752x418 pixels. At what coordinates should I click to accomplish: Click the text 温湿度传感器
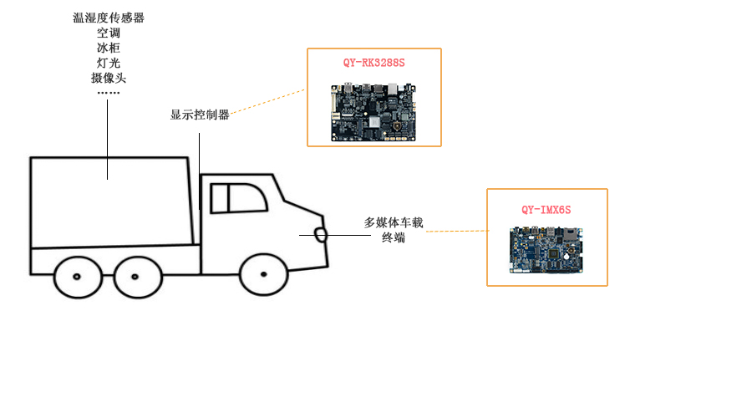tap(109, 18)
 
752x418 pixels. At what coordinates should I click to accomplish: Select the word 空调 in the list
tap(109, 33)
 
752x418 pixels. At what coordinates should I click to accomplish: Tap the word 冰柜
tap(109, 48)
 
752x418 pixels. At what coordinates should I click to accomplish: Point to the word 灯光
tap(109, 63)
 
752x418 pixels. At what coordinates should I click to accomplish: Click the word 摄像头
tap(109, 78)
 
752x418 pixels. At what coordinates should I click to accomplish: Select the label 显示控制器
tap(200, 115)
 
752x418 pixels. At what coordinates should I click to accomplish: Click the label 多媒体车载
tap(394, 222)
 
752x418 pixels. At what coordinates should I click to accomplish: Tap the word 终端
tap(394, 237)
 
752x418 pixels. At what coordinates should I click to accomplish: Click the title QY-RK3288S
tap(373, 63)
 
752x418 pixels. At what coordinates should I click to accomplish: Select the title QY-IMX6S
tap(546, 210)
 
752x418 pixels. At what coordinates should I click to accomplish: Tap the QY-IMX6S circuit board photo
tap(546, 250)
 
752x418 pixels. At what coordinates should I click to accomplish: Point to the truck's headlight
tap(321, 234)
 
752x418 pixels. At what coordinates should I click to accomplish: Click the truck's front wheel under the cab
tap(263, 274)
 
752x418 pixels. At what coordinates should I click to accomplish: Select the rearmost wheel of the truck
tap(76, 276)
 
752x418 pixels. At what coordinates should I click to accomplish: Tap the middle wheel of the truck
tap(137, 276)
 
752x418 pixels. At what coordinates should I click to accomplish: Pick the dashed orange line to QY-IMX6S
tap(457, 231)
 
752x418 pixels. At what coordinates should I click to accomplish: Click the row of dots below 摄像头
tap(109, 93)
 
